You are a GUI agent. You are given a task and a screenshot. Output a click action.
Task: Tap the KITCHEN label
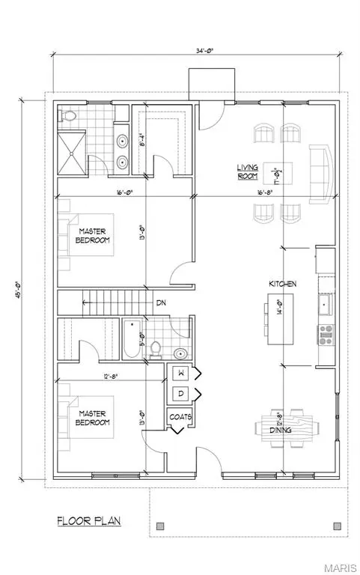click(x=284, y=285)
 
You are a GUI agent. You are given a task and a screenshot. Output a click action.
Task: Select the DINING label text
click(x=281, y=430)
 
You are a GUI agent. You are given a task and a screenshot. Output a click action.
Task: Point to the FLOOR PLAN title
click(x=89, y=520)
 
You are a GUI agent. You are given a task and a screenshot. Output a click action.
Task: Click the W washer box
click(x=181, y=373)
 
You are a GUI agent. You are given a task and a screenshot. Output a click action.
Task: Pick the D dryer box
click(x=181, y=394)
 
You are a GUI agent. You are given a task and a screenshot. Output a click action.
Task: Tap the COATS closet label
click(x=181, y=417)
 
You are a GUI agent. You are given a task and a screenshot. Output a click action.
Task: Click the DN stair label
click(x=160, y=303)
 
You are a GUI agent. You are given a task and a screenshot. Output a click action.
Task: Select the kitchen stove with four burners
click(x=326, y=333)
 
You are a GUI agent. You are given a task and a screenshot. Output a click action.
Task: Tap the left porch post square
click(x=159, y=526)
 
